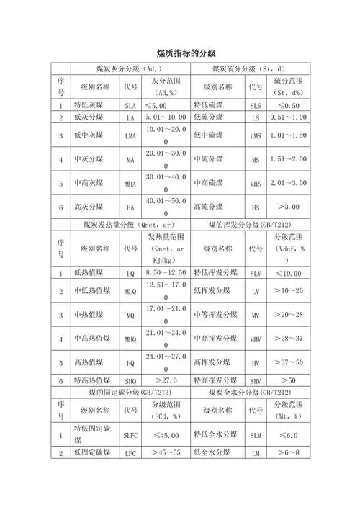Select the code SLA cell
pyautogui.click(x=130, y=105)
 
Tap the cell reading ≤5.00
pyautogui.click(x=166, y=105)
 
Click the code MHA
pyautogui.click(x=130, y=184)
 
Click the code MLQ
pyautogui.click(x=130, y=290)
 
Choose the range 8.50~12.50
pyautogui.click(x=166, y=272)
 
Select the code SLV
pyautogui.click(x=256, y=272)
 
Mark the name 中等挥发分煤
pyautogui.click(x=217, y=315)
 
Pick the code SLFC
pyautogui.click(x=130, y=435)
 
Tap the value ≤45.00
pyautogui.click(x=166, y=435)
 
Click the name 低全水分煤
pyautogui.click(x=214, y=453)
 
